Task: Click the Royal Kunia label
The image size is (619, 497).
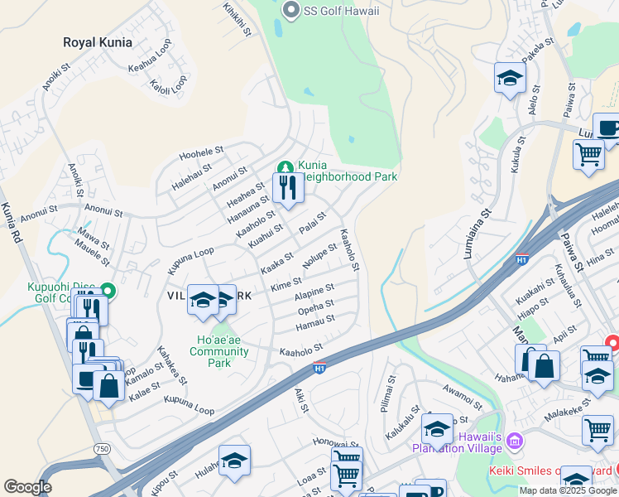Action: point(98,42)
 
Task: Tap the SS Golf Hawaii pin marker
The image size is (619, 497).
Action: point(290,10)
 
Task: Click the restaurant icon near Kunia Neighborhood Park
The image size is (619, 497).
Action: point(288,188)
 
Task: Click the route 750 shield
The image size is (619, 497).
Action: point(102,448)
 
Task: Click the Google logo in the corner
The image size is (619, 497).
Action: point(27,487)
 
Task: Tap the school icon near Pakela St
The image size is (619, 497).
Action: point(510,78)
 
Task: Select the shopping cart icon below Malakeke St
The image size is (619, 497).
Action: point(597,430)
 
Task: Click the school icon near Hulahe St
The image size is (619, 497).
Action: point(234,461)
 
